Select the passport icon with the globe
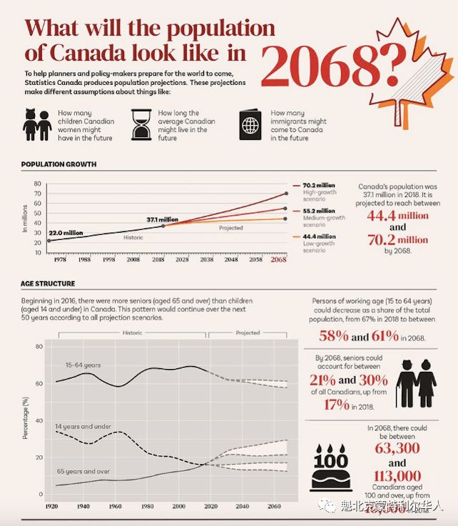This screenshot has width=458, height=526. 250,126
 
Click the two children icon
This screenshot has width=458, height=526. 36,125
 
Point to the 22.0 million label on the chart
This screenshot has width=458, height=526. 66,233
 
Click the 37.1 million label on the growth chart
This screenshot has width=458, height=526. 162,219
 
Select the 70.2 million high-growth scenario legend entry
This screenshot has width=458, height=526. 320,188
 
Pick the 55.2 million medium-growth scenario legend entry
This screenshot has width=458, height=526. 320,215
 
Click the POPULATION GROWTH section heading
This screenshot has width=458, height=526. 59,164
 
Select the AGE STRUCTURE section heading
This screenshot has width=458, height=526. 49,283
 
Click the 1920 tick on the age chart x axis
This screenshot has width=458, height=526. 52,505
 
